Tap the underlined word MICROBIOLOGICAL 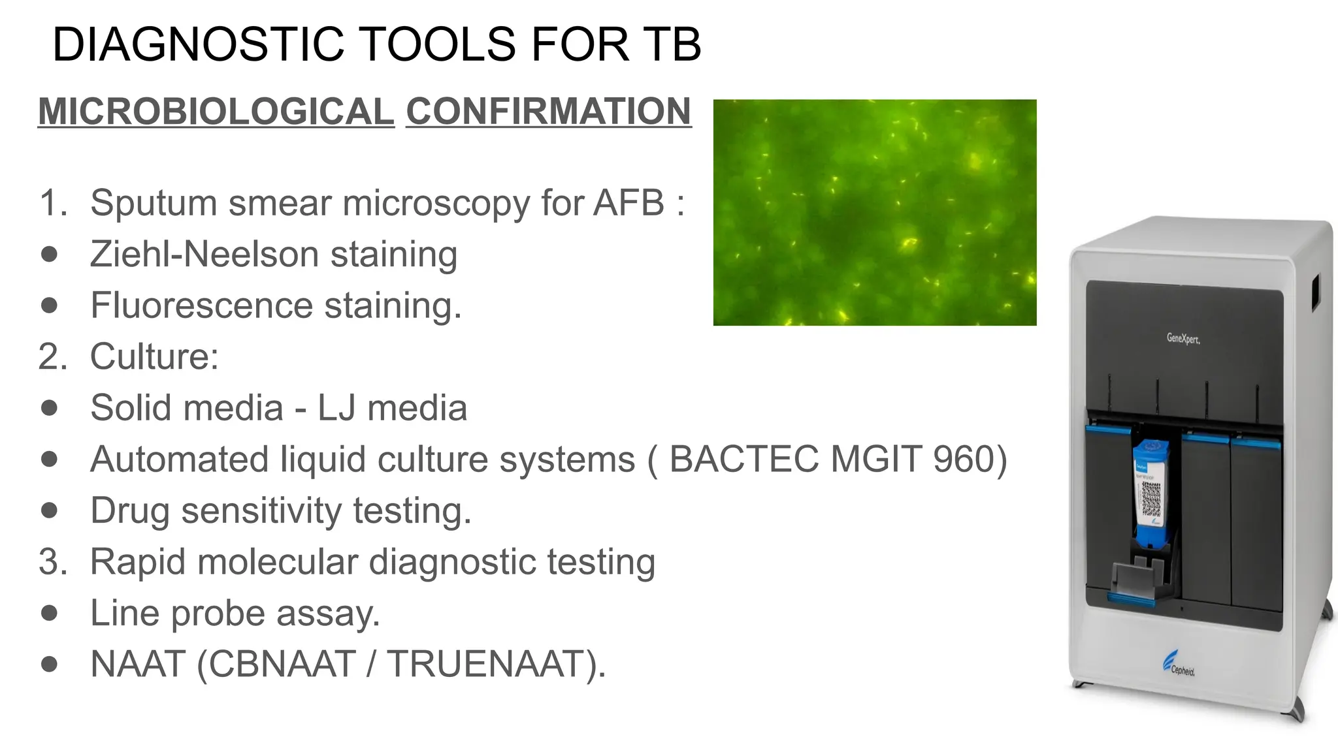[x=216, y=111]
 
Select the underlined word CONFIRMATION [x=548, y=111]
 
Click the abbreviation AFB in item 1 [x=628, y=202]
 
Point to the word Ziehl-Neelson [x=203, y=254]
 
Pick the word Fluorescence [x=202, y=305]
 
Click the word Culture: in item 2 [x=154, y=356]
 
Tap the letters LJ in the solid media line [x=336, y=408]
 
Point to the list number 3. [x=52, y=562]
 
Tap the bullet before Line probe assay [x=49, y=613]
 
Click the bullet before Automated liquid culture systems [x=49, y=459]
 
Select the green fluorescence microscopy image [x=874, y=212]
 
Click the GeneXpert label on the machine [x=1183, y=338]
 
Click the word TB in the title [x=672, y=44]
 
